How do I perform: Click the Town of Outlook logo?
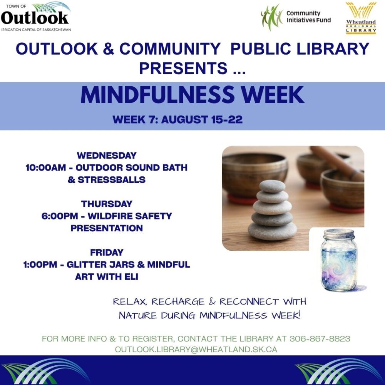36,17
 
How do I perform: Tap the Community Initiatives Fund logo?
296,17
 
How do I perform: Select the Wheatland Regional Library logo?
361,18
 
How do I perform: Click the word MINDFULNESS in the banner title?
157,95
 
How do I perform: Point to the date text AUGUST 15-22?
202,120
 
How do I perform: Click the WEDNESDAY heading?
107,156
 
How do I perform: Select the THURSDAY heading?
107,204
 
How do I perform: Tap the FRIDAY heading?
107,252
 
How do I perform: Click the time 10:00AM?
46,168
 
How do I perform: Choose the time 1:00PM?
40,264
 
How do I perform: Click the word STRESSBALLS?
112,180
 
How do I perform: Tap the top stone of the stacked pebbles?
272,186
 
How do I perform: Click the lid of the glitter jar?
339,234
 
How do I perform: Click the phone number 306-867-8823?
320,339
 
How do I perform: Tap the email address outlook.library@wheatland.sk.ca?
196,350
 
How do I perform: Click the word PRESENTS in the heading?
183,68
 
